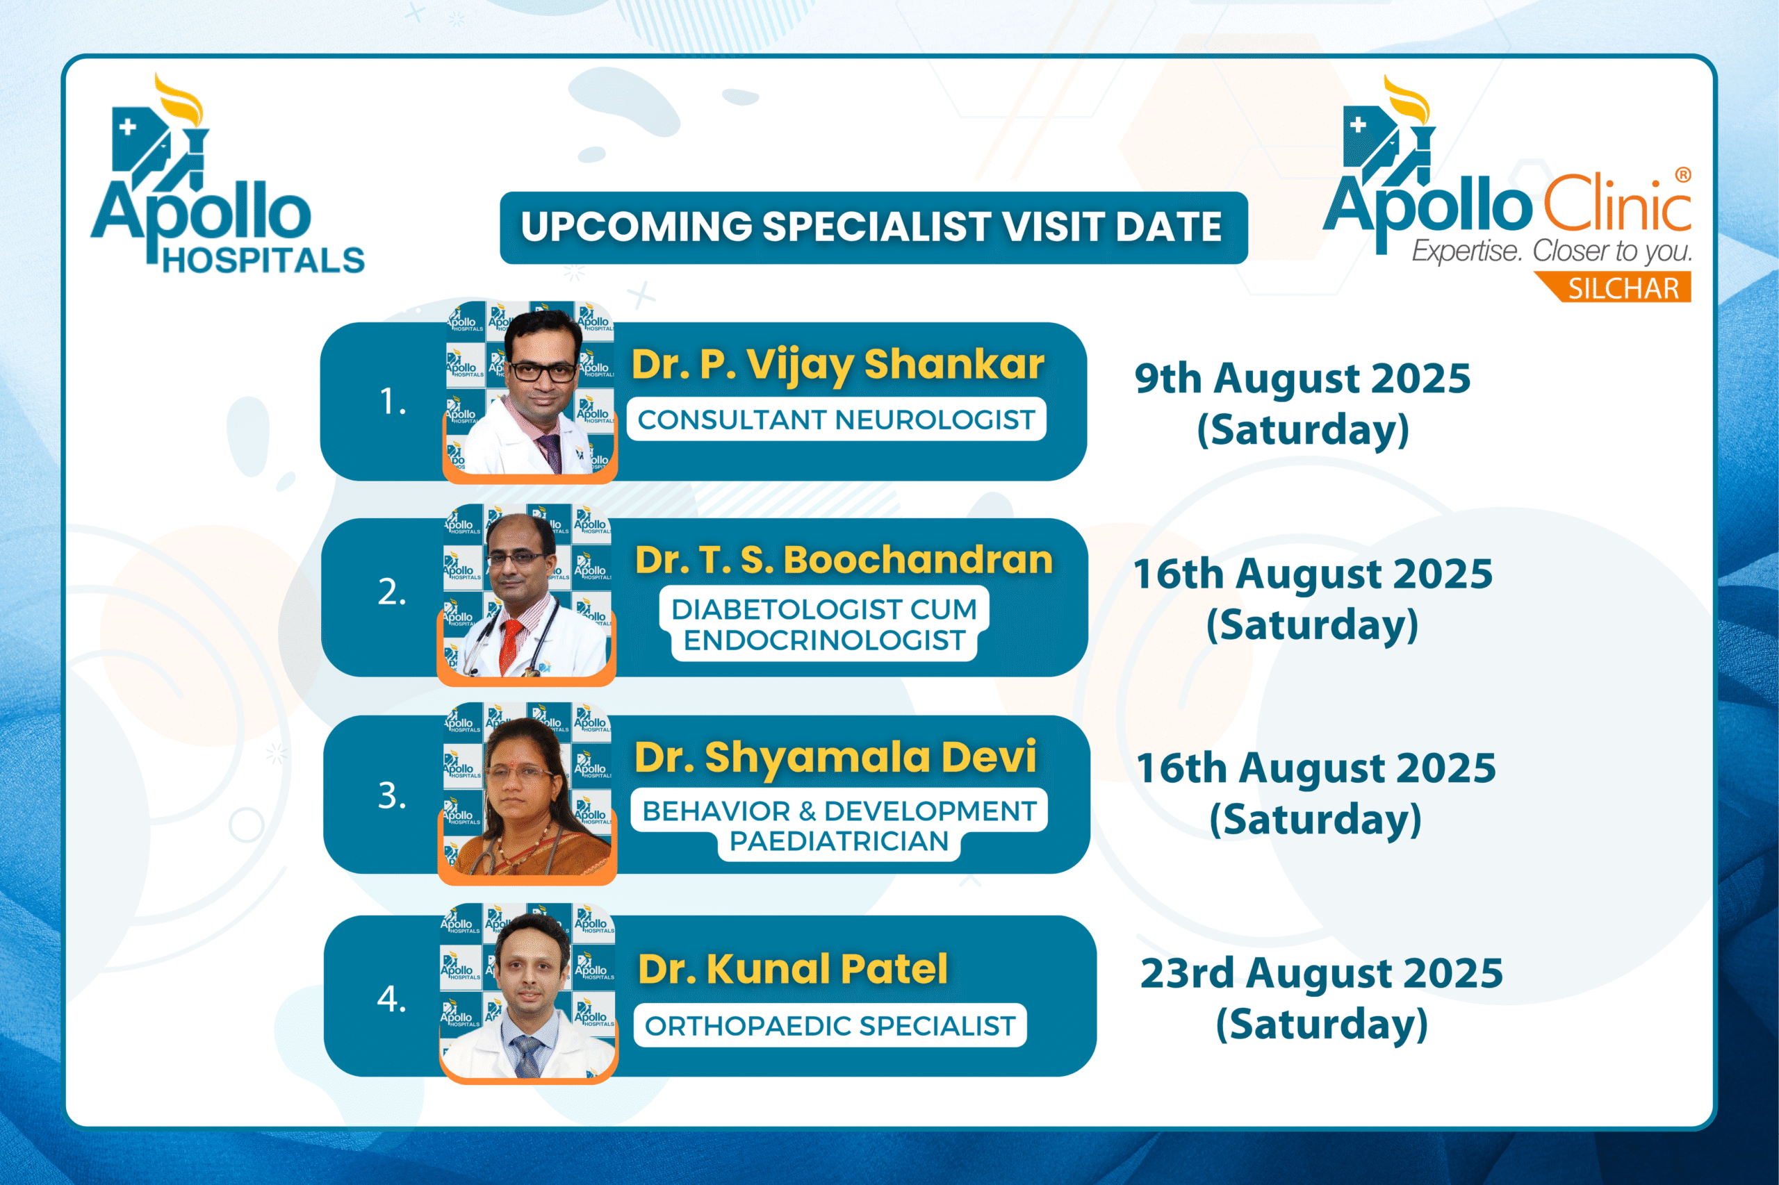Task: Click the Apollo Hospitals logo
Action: [227, 173]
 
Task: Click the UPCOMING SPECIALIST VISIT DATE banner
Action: [874, 227]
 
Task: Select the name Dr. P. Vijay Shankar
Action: [837, 364]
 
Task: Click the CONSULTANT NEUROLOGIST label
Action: [836, 420]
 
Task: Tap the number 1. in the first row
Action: [393, 401]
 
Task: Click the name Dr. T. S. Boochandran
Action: [844, 560]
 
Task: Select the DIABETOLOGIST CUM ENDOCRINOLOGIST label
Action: [824, 624]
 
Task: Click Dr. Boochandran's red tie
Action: [510, 645]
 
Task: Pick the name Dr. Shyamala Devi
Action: [835, 757]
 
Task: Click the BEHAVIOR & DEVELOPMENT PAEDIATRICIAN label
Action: [839, 825]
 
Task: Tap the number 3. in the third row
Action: [392, 796]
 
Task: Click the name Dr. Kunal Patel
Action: [792, 969]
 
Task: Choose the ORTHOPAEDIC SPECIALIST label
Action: [830, 1025]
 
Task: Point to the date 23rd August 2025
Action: [1322, 973]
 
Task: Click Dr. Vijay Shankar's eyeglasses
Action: [543, 370]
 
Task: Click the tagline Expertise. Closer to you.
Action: [1552, 251]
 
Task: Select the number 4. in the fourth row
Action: [392, 999]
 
